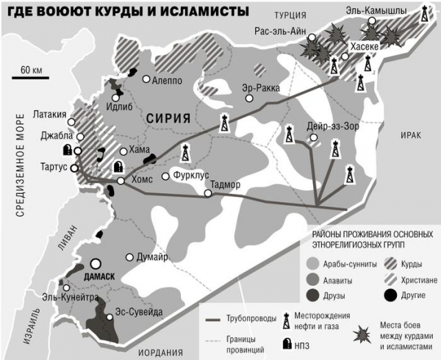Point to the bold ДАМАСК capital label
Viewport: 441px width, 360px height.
pos(101,276)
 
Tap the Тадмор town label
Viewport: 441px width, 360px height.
pos(226,184)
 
